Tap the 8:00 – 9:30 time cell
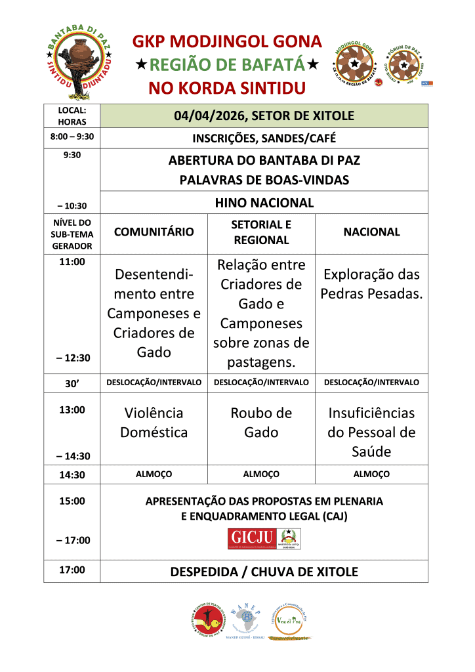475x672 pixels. point(72,138)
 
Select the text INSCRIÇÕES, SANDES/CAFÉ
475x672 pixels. point(264,138)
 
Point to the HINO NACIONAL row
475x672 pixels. point(264,203)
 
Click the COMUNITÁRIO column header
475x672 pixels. point(154,232)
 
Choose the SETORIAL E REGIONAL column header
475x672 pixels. point(260,232)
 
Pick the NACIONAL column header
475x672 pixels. point(371,232)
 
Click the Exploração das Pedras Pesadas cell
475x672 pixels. point(371,283)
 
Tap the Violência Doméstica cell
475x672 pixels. point(154,423)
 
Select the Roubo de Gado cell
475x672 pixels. point(260,423)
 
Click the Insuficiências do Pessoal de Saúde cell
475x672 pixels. point(371,432)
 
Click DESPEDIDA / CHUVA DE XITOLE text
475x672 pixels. point(264,572)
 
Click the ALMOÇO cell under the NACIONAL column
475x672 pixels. point(371,474)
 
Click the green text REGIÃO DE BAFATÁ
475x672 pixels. point(228,65)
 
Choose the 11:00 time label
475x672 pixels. point(72,262)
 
